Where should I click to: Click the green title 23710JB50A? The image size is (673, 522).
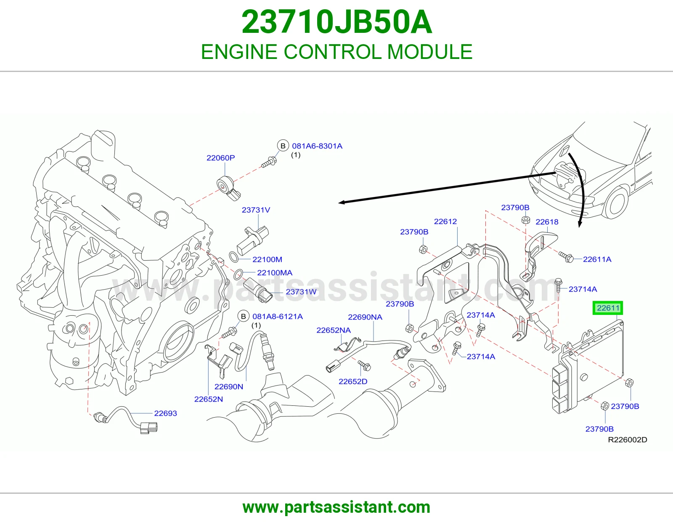point(336,22)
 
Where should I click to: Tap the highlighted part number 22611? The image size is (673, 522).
point(608,308)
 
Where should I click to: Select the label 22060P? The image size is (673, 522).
point(220,158)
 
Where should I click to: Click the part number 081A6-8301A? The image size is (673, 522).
point(317,146)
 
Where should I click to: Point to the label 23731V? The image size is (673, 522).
point(256,210)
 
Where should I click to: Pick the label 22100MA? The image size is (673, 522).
point(275,273)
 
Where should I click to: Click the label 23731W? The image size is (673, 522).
point(301,292)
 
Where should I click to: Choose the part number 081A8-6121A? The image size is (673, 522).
point(278,317)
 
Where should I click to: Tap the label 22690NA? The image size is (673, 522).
point(365,317)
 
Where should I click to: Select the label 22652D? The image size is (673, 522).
point(353,381)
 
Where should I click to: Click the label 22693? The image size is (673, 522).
point(165,413)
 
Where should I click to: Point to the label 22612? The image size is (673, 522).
point(445,221)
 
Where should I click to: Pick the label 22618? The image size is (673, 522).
point(547,222)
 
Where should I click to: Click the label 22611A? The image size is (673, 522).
point(597,259)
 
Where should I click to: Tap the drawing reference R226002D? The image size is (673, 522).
point(628,440)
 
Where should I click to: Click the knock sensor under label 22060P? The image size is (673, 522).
point(228,187)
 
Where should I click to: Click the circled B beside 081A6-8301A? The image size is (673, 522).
point(283,146)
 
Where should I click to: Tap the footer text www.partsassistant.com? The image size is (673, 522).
point(336,507)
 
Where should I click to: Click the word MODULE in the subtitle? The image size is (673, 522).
point(429,52)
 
